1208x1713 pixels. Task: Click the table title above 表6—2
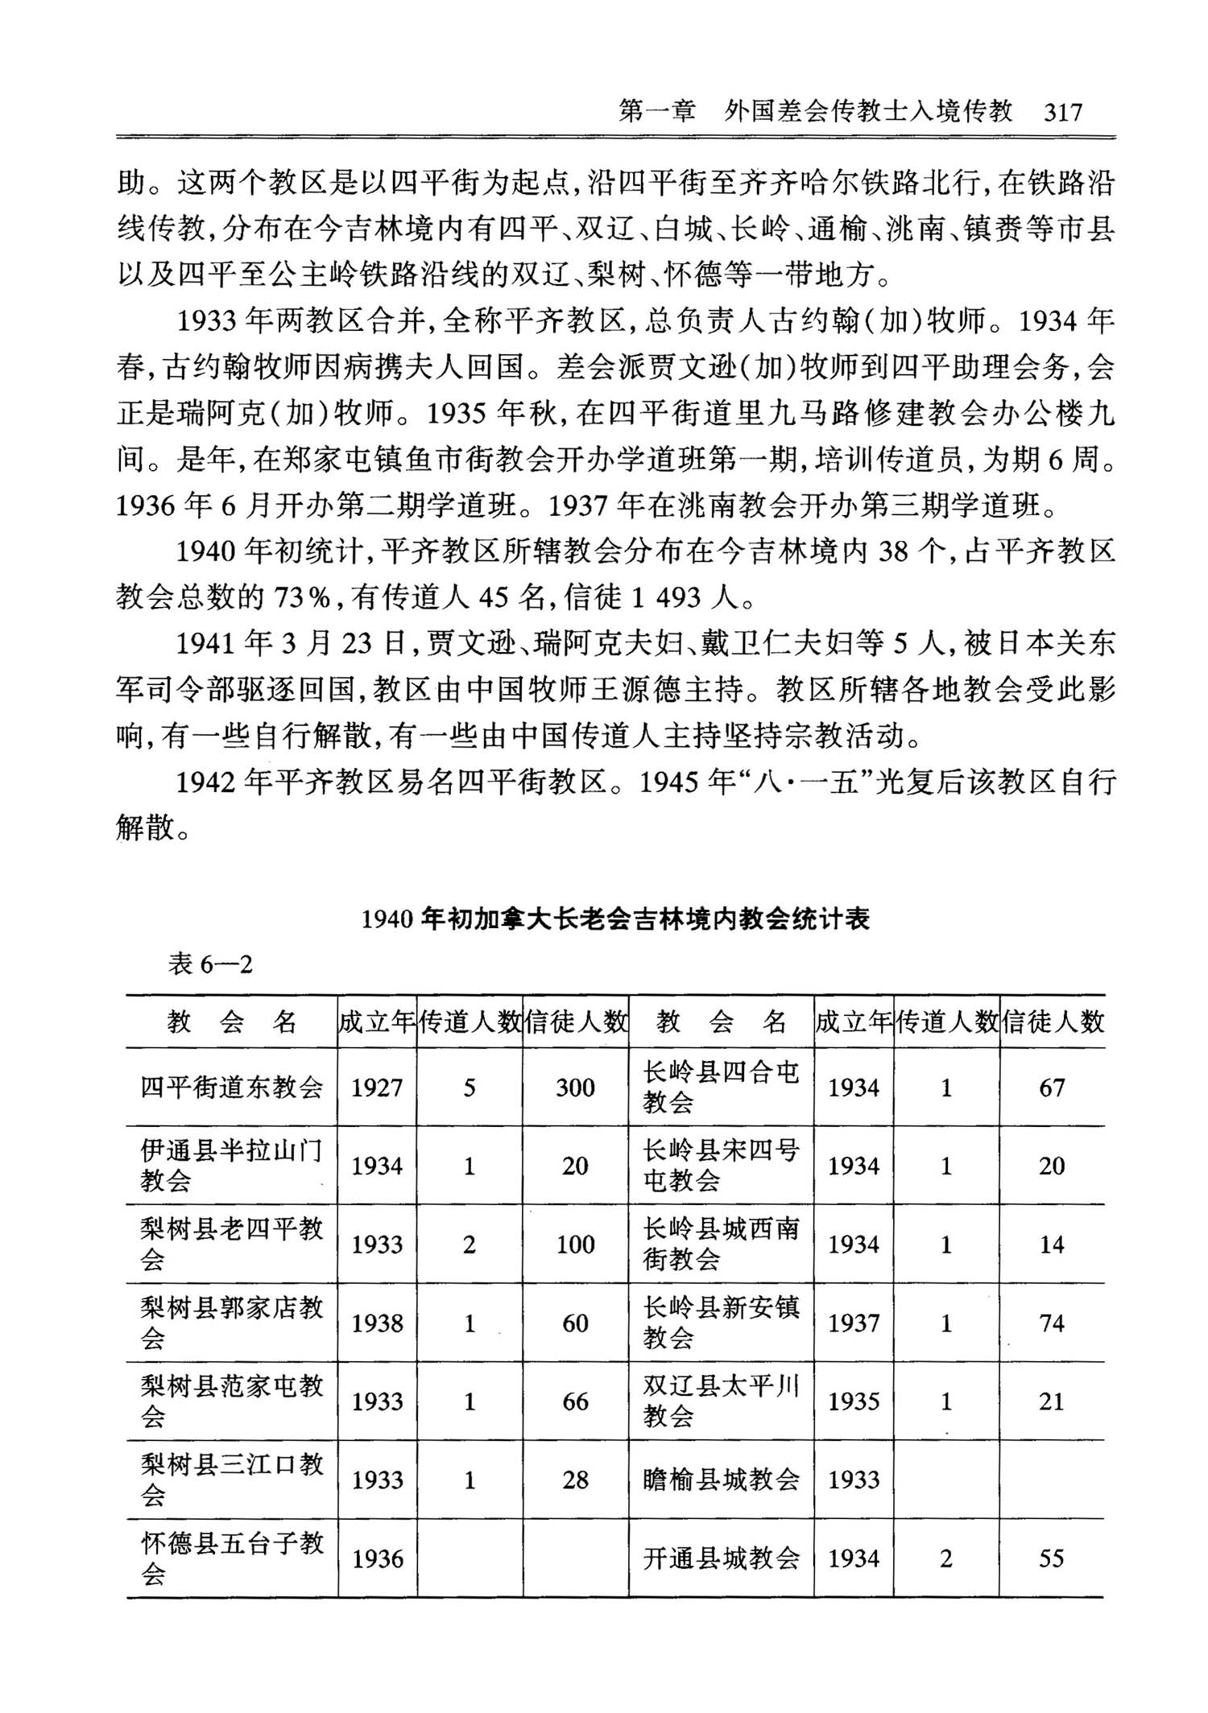(616, 918)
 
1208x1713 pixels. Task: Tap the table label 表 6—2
(210, 964)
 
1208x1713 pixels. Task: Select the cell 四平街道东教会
(232, 1088)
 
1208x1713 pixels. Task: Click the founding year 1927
(377, 1088)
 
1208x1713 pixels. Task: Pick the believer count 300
(575, 1088)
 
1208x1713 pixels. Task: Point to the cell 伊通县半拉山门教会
(232, 1166)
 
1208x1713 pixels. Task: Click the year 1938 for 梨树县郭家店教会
(377, 1323)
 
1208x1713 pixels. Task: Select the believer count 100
(575, 1245)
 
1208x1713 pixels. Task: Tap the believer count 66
(575, 1401)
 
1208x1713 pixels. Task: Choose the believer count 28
(575, 1480)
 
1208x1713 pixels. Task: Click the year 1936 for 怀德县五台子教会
(377, 1558)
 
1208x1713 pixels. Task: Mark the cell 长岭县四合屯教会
(721, 1088)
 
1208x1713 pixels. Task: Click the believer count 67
(1052, 1088)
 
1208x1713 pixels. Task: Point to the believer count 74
(1052, 1323)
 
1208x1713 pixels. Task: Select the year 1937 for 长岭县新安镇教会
(854, 1323)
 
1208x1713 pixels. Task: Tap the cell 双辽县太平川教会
(721, 1401)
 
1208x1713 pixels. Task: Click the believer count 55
(1052, 1558)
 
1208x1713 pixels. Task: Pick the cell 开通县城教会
(721, 1558)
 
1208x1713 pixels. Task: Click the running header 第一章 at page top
(656, 112)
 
